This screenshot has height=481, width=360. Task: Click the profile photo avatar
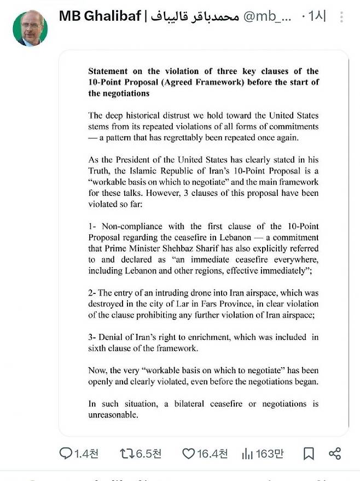(x=30, y=28)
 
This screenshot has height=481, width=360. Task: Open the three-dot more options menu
(x=342, y=16)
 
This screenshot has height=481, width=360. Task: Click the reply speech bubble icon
(x=66, y=453)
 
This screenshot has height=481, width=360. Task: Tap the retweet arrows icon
(x=126, y=453)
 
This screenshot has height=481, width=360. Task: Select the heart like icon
(x=188, y=453)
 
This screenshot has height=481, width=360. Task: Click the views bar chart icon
(x=247, y=453)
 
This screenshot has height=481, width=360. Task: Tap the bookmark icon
(x=309, y=453)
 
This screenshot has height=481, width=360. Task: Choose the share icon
(x=335, y=453)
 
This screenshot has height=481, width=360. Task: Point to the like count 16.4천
(x=212, y=453)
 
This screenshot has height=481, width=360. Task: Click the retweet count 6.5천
(x=148, y=453)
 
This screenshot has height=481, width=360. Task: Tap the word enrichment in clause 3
(x=214, y=337)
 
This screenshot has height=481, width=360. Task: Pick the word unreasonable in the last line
(x=113, y=415)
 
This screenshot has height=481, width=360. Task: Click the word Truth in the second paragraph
(x=100, y=170)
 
